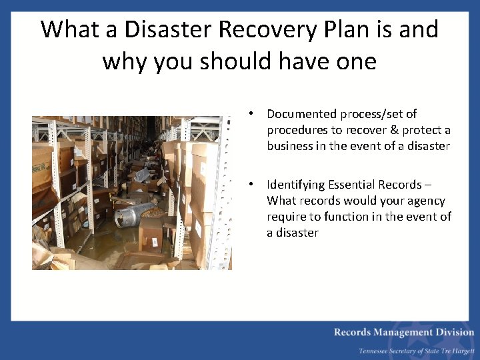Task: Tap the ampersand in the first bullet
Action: click(x=393, y=130)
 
